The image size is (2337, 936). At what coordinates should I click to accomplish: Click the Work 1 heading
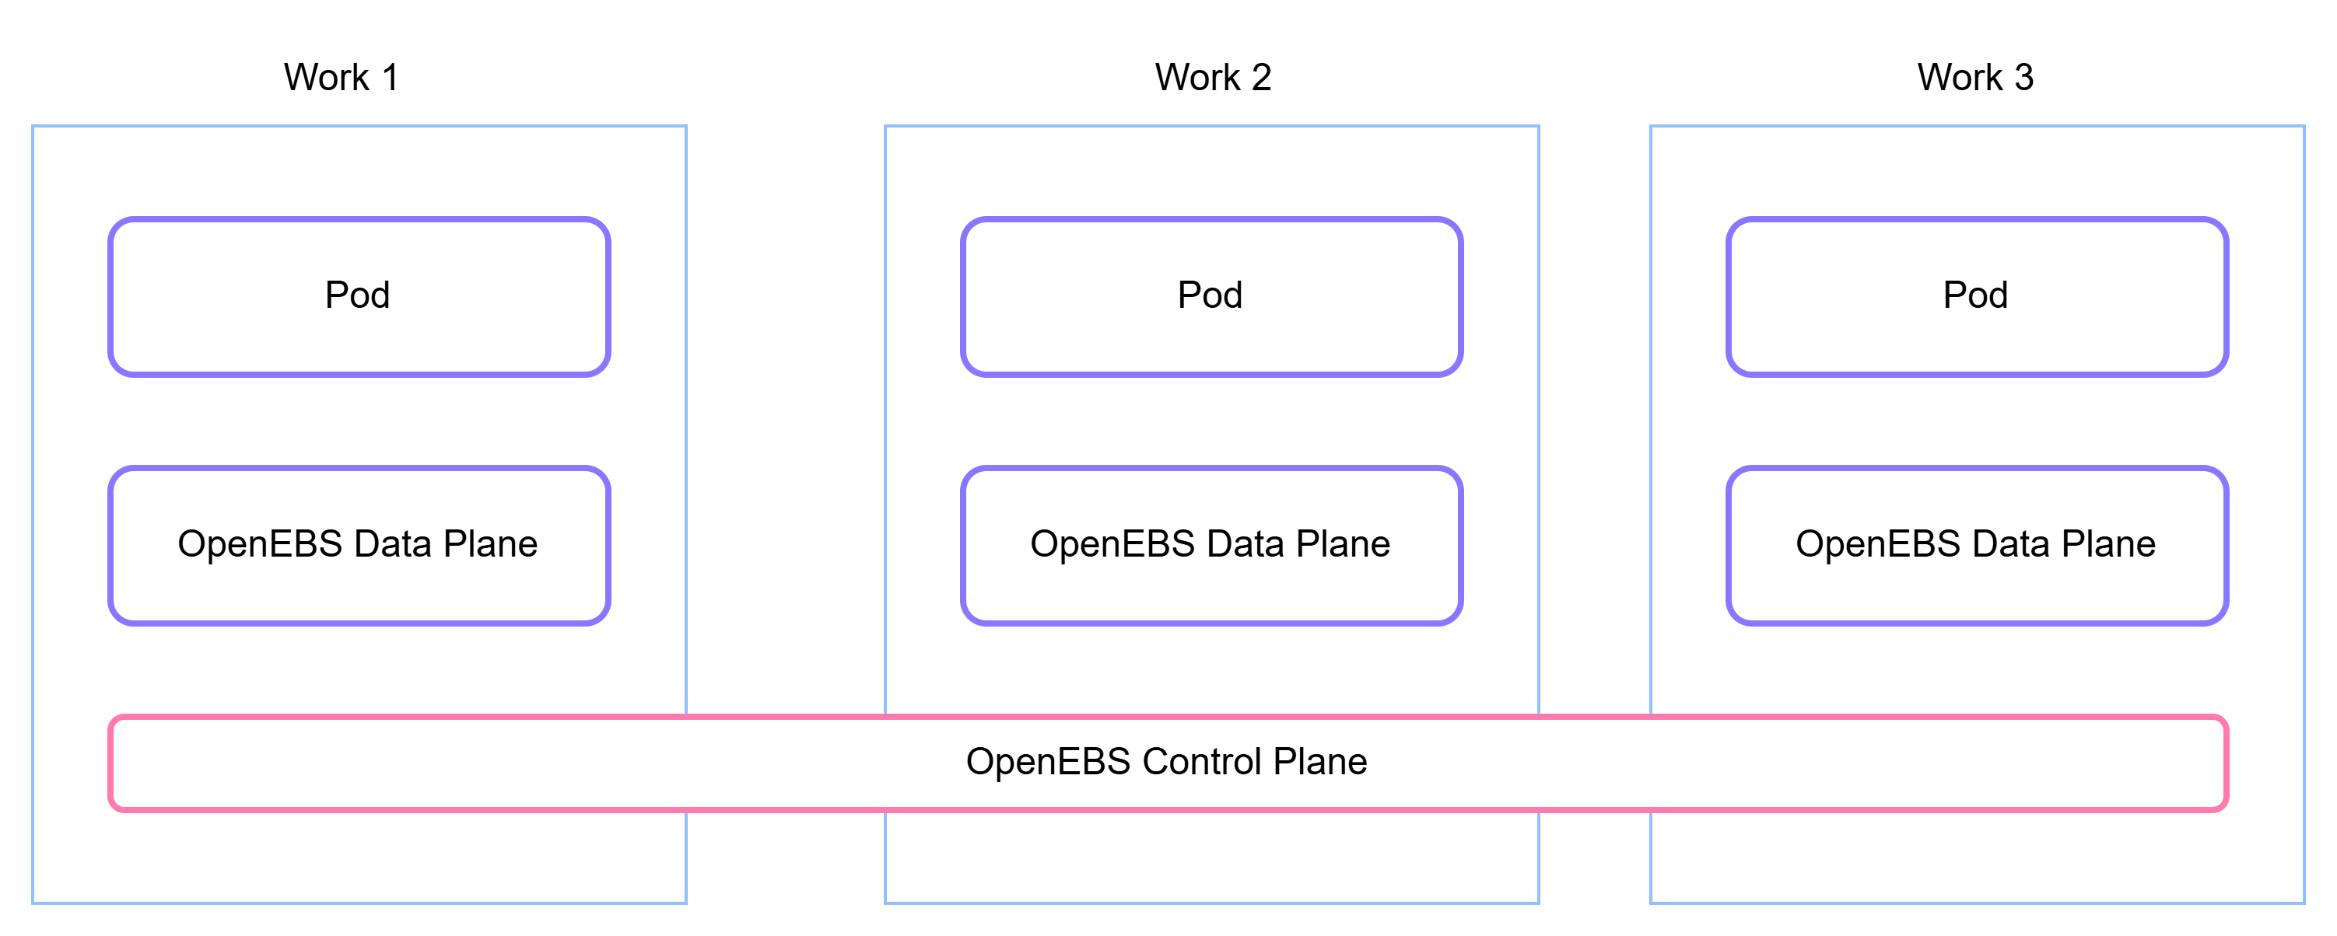pyautogui.click(x=341, y=77)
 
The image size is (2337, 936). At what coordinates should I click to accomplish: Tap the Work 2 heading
pyautogui.click(x=1213, y=77)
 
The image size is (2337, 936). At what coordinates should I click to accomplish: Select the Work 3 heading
pyautogui.click(x=1975, y=77)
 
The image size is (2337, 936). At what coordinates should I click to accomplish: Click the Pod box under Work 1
pyautogui.click(x=359, y=295)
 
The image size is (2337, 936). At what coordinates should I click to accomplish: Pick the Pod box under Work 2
pyautogui.click(x=1212, y=295)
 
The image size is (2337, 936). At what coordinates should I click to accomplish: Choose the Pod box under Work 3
pyautogui.click(x=1978, y=295)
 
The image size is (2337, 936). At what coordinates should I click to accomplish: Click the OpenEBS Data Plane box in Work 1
pyautogui.click(x=359, y=545)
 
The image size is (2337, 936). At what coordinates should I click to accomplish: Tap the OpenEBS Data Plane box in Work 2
pyautogui.click(x=1212, y=545)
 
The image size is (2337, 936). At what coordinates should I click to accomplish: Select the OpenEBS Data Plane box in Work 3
pyautogui.click(x=1978, y=545)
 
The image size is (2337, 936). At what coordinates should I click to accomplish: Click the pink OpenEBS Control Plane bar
pyautogui.click(x=1168, y=763)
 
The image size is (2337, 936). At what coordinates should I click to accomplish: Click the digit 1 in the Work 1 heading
pyautogui.click(x=391, y=77)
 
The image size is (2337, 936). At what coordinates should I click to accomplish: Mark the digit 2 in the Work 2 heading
pyautogui.click(x=1261, y=77)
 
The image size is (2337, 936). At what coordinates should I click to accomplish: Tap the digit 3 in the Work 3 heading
pyautogui.click(x=2023, y=77)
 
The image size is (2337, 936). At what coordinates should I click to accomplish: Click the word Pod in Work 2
pyautogui.click(x=1211, y=295)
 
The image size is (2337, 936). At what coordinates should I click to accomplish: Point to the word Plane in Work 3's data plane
pyautogui.click(x=2108, y=543)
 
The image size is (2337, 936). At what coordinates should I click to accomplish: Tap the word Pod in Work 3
pyautogui.click(x=1976, y=295)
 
